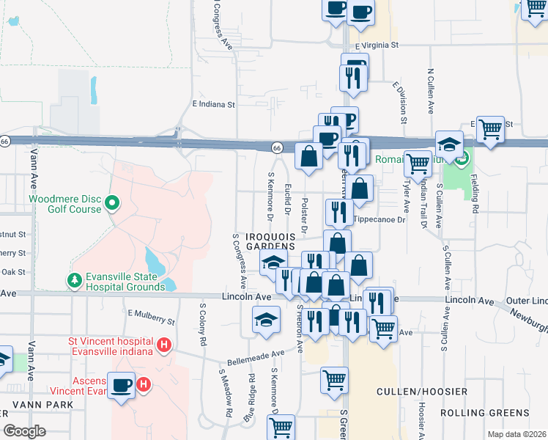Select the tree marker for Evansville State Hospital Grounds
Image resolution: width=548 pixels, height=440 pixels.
[x=73, y=281]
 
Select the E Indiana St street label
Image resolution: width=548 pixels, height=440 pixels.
[x=213, y=105]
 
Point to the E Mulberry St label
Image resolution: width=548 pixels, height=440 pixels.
[x=151, y=317]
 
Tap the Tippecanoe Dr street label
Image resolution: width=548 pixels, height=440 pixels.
[x=378, y=220]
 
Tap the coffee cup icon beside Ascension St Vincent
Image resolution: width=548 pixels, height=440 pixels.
[x=121, y=384]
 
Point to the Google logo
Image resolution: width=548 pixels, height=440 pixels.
[x=24, y=431]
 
